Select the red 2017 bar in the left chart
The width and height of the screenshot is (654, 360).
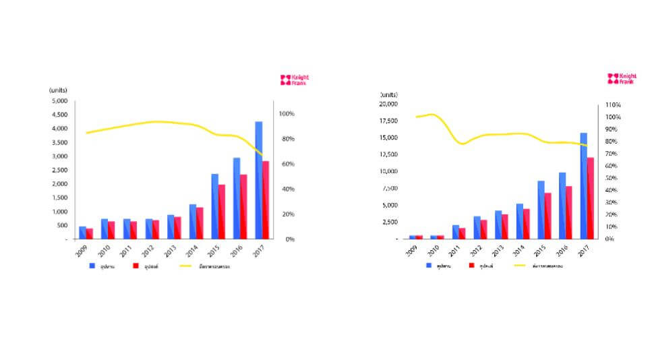click(x=266, y=200)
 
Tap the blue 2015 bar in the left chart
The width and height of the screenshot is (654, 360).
click(x=214, y=206)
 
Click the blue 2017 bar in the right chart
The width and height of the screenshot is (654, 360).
click(x=584, y=185)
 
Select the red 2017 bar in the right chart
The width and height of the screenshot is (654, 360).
click(x=591, y=198)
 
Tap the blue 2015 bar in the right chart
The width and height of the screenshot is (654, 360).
click(x=541, y=210)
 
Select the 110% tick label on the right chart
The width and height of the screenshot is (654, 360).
click(x=613, y=105)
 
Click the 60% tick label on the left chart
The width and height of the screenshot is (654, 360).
click(x=287, y=164)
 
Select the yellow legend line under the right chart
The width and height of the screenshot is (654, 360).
click(x=520, y=266)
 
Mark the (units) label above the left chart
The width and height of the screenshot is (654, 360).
click(x=58, y=90)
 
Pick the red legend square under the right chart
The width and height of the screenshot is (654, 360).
click(x=472, y=266)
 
